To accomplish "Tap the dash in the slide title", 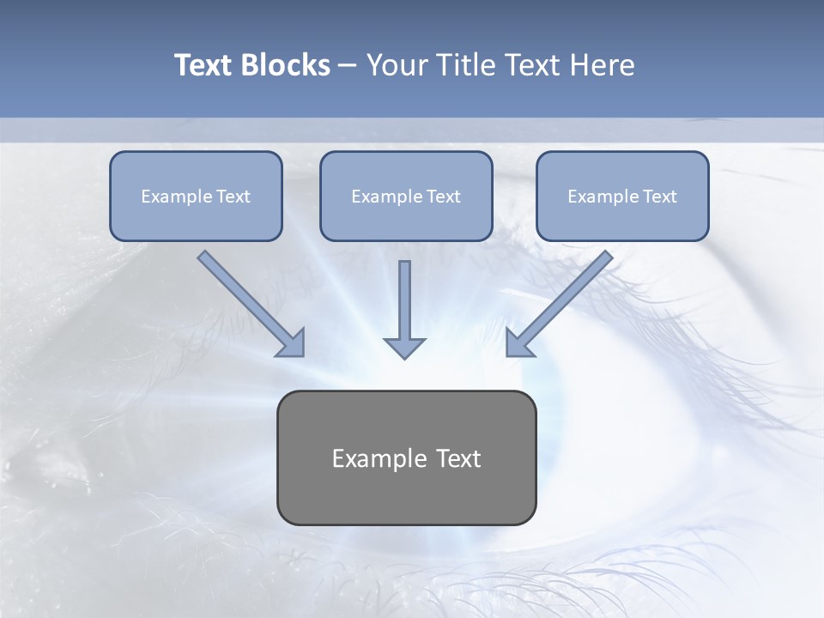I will [348, 66].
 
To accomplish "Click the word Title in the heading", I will [464, 65].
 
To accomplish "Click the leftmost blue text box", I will [196, 196].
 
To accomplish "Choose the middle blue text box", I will [406, 196].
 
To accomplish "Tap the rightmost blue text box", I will [622, 196].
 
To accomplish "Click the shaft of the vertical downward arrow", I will [404, 296].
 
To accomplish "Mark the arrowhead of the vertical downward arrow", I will [404, 348].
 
